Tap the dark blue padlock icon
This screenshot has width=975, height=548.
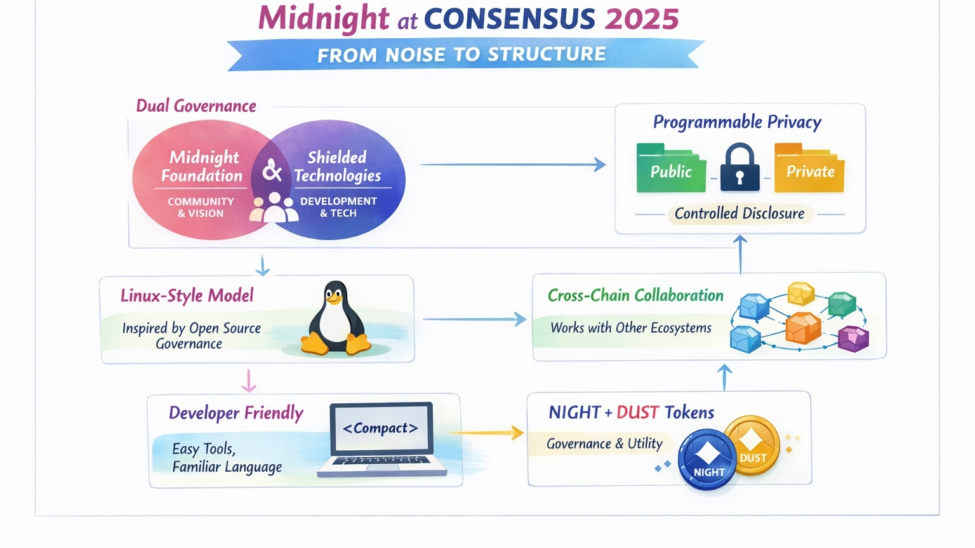tap(740, 168)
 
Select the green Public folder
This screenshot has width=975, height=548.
tap(671, 168)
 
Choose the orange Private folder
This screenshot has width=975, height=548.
tap(809, 168)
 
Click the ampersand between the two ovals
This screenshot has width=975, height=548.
tap(272, 170)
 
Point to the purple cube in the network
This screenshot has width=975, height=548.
tap(853, 338)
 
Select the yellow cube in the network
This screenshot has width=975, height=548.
tap(800, 293)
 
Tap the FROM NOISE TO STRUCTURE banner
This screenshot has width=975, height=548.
tap(462, 55)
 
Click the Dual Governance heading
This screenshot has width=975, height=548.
tap(196, 106)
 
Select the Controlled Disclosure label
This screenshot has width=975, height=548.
tap(739, 213)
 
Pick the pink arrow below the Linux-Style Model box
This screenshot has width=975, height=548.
tap(249, 380)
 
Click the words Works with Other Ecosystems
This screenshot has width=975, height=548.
tap(630, 328)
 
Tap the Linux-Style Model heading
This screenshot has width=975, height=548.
tap(187, 295)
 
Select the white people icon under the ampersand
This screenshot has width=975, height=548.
tap(274, 208)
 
